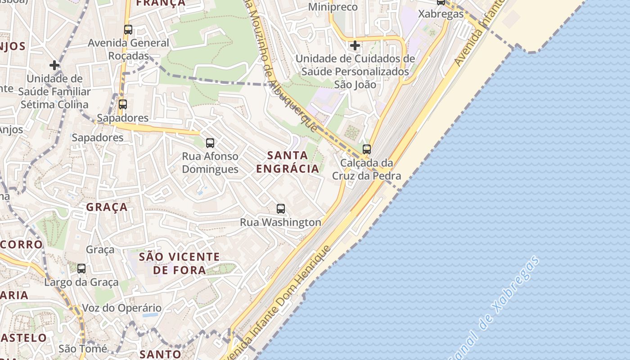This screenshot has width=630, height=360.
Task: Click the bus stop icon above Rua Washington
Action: [281, 209]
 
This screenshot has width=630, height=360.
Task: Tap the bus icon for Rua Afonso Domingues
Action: [210, 143]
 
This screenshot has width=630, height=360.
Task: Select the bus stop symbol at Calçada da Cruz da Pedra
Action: [367, 149]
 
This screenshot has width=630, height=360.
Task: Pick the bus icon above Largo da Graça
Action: [81, 269]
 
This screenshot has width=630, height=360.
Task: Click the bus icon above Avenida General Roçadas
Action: [128, 30]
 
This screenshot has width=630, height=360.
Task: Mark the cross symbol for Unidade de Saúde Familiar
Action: [54, 65]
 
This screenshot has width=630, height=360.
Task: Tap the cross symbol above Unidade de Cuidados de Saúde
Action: [355, 45]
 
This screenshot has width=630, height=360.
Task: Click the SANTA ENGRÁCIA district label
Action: [288, 162]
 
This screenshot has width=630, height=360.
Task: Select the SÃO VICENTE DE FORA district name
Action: [179, 263]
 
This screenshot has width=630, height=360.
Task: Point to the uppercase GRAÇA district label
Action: [107, 207]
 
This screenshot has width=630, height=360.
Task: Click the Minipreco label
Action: [333, 7]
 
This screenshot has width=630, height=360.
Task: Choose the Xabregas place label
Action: [441, 14]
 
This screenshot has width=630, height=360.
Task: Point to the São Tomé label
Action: [83, 348]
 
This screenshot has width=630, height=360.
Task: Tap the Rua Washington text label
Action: [280, 222]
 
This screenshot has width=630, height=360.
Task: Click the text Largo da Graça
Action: [81, 282]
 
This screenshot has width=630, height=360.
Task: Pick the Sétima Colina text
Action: [54, 104]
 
